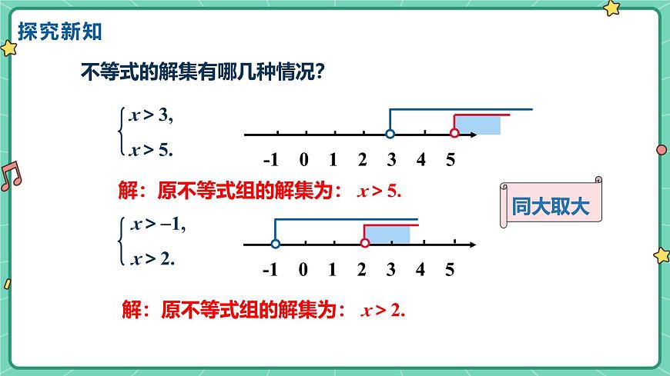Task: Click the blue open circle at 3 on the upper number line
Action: point(390,135)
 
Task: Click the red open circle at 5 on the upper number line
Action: point(454,134)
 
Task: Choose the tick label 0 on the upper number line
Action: point(303,160)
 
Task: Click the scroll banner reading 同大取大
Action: point(550,205)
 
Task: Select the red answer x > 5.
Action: point(380,191)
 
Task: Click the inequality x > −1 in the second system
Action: point(158,225)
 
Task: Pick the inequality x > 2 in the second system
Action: point(153,258)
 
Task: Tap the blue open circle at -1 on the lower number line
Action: point(276,245)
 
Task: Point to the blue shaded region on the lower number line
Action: point(387,234)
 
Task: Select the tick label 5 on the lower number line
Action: point(450,270)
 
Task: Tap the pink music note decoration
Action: point(11,176)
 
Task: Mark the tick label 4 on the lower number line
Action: point(420,270)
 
